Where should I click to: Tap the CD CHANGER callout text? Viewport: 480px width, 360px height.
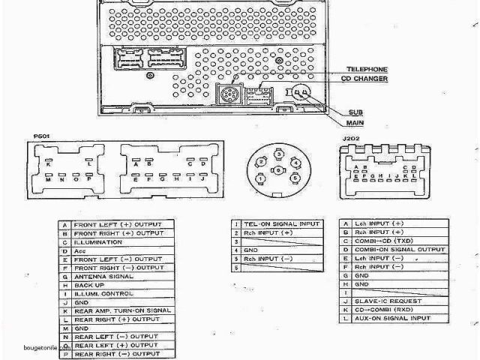click(x=364, y=79)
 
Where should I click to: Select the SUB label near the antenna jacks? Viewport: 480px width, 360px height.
click(x=354, y=112)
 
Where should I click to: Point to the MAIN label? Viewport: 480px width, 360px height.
click(x=355, y=122)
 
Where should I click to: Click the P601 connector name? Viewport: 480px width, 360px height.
click(x=43, y=136)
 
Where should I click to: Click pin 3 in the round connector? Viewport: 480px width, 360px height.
click(x=278, y=154)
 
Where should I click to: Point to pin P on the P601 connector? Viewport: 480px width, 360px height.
click(x=88, y=180)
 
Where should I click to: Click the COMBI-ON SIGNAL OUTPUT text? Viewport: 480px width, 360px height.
click(x=399, y=248)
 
